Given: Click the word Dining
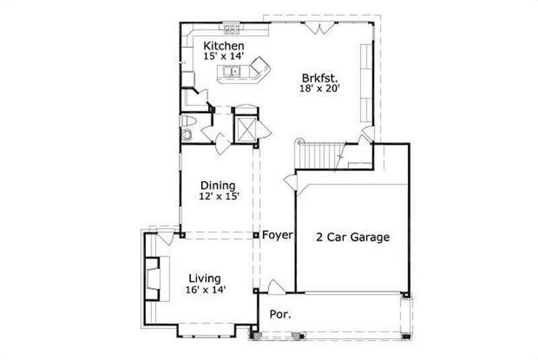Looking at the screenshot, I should [x=218, y=186].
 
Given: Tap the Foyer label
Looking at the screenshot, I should [x=276, y=236].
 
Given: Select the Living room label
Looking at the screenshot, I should [x=204, y=279].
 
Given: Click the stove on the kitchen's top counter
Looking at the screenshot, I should [x=232, y=29].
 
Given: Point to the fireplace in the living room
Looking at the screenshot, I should [x=153, y=277].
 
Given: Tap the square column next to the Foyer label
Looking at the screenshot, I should [x=256, y=236].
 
